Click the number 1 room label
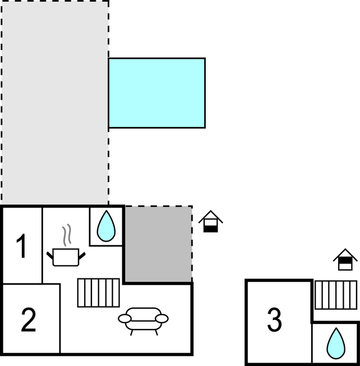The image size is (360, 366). (x=22, y=247)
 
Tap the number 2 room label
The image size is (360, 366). (x=29, y=319)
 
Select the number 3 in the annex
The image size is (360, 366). (x=274, y=321)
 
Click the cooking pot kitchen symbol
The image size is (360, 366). (x=67, y=256)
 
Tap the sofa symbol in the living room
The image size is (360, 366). (x=143, y=319)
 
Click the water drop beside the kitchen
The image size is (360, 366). (x=106, y=226)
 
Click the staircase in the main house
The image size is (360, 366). (x=98, y=292)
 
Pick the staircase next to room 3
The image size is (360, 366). (x=335, y=295)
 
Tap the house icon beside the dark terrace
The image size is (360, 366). (x=210, y=222)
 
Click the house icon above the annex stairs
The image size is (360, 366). (x=345, y=260)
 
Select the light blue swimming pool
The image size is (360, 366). (x=156, y=93)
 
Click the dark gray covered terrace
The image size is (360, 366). (x=158, y=244)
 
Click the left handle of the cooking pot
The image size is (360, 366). (x=50, y=254)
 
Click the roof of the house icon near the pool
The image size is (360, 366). (x=210, y=216)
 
